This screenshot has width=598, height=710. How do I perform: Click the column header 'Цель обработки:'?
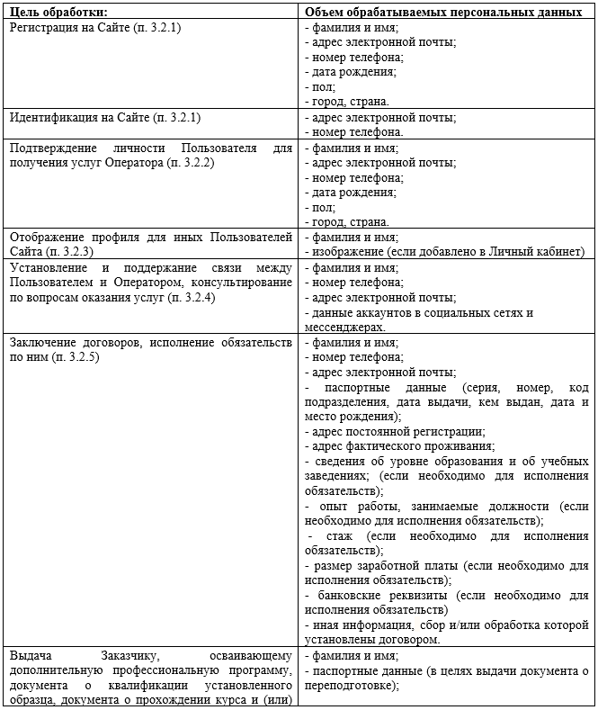coord(58,12)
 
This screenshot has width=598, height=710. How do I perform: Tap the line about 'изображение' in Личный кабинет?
coord(444,251)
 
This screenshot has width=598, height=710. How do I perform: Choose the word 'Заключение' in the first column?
coord(41,343)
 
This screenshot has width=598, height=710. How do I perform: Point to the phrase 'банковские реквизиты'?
coord(382,595)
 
